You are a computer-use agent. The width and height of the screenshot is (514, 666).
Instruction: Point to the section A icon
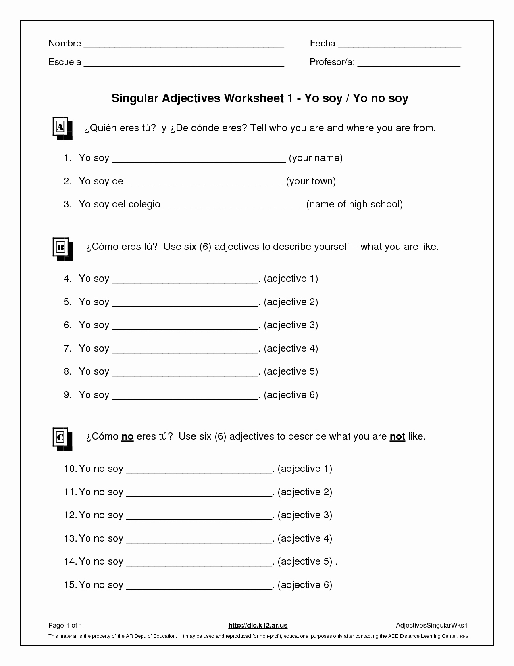click(62, 128)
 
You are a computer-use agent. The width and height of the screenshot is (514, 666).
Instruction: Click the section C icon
click(62, 438)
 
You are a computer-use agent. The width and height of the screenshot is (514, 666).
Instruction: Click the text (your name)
click(316, 158)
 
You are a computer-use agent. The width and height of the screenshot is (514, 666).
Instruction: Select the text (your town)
click(311, 181)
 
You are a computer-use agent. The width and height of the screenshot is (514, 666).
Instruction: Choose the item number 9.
click(67, 395)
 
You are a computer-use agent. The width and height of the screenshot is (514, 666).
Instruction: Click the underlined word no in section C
click(127, 436)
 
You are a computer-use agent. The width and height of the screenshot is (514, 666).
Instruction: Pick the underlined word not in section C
click(397, 436)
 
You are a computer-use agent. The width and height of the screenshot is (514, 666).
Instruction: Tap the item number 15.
click(70, 585)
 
